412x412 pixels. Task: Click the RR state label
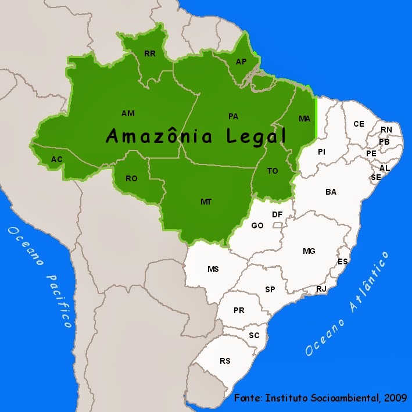click(150, 53)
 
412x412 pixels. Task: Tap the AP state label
click(241, 62)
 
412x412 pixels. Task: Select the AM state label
click(128, 113)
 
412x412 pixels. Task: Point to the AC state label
click(57, 159)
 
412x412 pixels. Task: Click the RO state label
click(131, 178)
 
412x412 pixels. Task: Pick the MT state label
click(206, 202)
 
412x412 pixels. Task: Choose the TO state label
click(273, 171)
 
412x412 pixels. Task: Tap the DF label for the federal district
click(277, 214)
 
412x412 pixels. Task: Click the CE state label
click(359, 124)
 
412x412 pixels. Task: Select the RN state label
click(386, 130)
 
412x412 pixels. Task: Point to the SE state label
click(376, 177)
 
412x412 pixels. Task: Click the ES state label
click(343, 261)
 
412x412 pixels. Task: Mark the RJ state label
click(321, 289)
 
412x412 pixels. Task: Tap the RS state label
click(225, 361)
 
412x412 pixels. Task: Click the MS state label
click(213, 269)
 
